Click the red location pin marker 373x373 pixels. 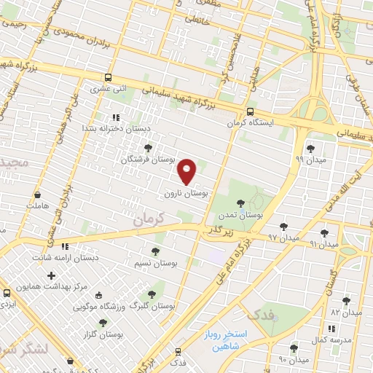tap(187, 171)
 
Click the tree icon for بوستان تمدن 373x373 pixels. tap(240, 203)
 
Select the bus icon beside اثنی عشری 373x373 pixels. tap(108, 77)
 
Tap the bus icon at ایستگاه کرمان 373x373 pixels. tap(250, 112)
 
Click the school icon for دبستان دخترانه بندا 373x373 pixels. tap(114, 117)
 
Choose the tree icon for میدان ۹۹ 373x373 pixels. tap(310, 148)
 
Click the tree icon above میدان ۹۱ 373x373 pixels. tap(324, 233)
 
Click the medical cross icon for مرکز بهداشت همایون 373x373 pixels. tap(50, 275)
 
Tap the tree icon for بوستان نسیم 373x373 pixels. tap(154, 251)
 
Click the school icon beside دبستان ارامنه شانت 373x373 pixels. tap(65, 246)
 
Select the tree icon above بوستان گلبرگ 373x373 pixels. tap(152, 294)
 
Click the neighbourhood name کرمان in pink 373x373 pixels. tap(152, 216)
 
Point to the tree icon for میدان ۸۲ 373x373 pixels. tap(346, 301)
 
